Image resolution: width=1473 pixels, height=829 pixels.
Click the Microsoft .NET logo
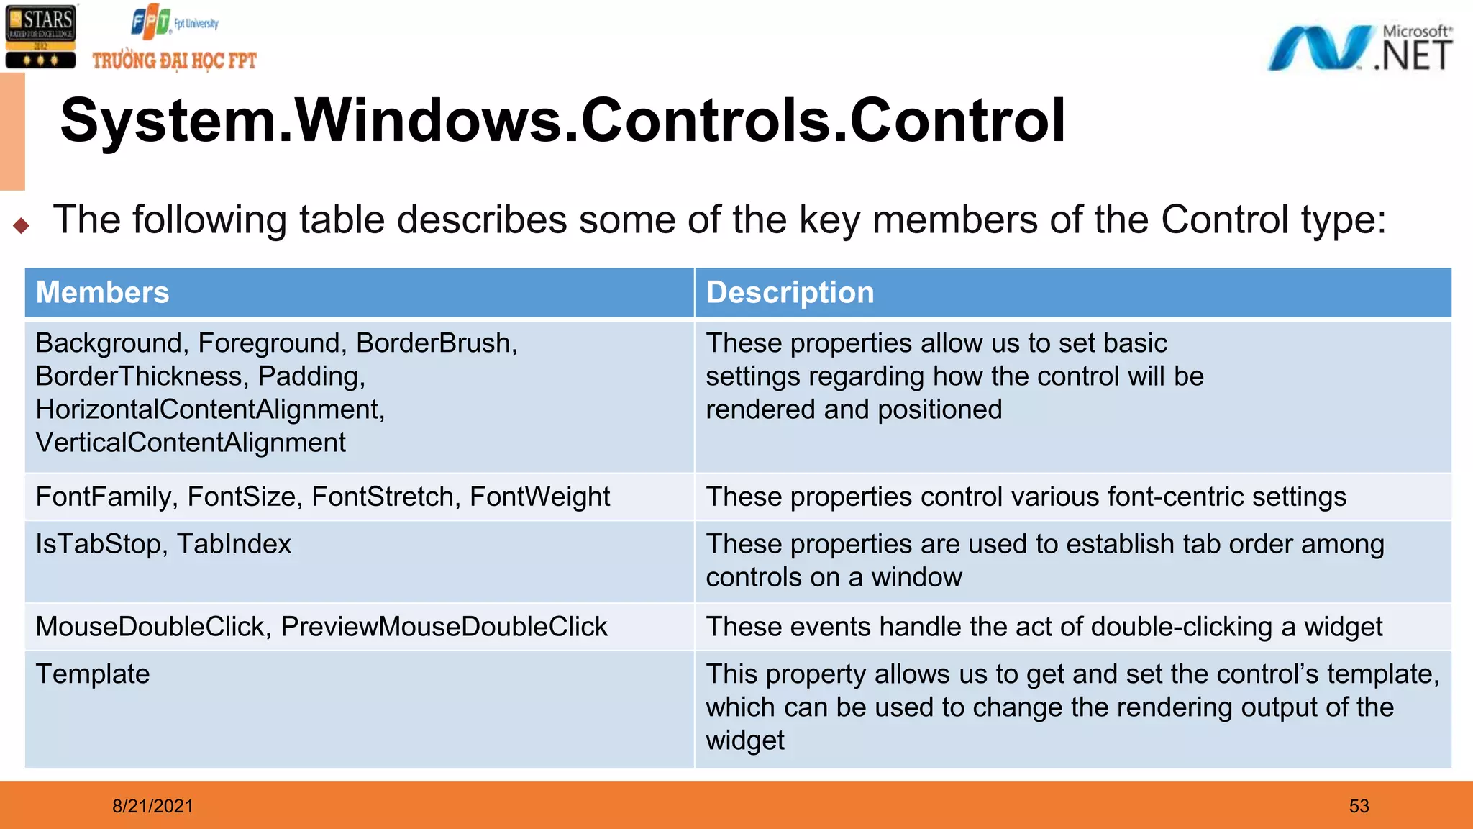[1359, 48]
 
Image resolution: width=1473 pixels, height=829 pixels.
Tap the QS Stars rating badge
[40, 37]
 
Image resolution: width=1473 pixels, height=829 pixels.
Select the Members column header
[103, 293]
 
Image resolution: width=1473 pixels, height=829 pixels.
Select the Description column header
[790, 293]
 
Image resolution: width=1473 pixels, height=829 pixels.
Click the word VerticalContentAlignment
[191, 443]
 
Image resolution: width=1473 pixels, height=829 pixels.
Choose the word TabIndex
[234, 544]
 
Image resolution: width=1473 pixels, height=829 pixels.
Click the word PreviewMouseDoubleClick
[444, 627]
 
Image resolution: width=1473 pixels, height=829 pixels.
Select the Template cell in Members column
[93, 674]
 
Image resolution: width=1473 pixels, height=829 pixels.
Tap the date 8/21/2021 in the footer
[152, 806]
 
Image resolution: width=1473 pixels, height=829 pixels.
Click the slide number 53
[1359, 806]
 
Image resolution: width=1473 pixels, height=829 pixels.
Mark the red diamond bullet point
[22, 226]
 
